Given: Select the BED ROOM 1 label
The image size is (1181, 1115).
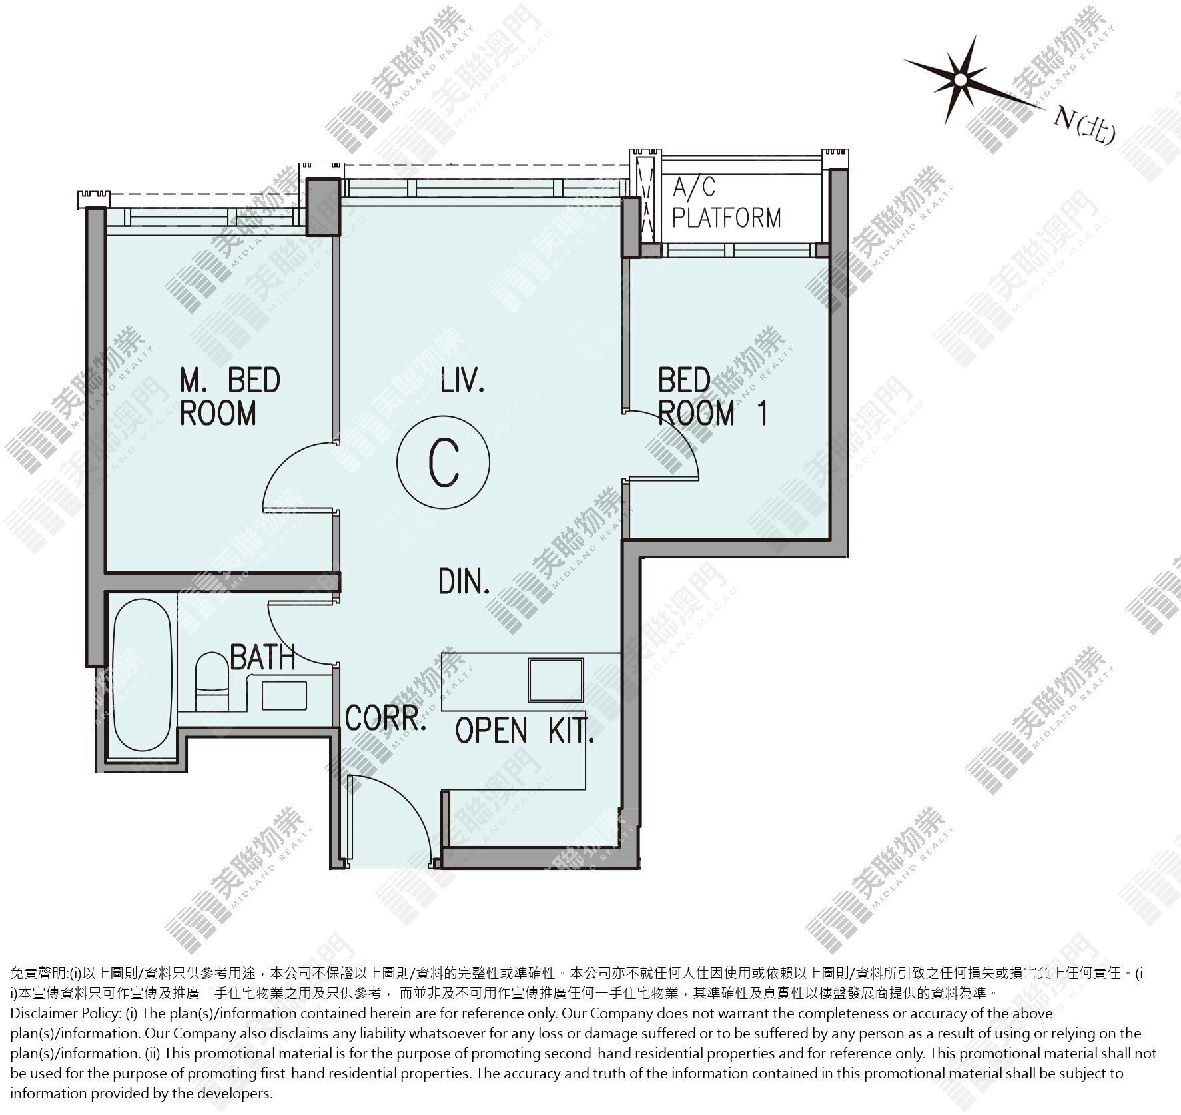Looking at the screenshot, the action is pyautogui.click(x=712, y=397).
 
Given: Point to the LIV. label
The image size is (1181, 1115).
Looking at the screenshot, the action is pyautogui.click(x=462, y=382).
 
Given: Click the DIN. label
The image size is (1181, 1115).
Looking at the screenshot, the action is pyautogui.click(x=464, y=581).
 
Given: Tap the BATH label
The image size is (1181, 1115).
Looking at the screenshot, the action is pyautogui.click(x=262, y=657).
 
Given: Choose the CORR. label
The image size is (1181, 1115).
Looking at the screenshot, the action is pyautogui.click(x=386, y=719).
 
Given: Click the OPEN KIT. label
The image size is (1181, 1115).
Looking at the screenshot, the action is pyautogui.click(x=524, y=731).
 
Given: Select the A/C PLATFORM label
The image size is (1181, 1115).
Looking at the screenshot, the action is pyautogui.click(x=726, y=202).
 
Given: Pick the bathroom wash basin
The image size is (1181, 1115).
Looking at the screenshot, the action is pyautogui.click(x=284, y=695).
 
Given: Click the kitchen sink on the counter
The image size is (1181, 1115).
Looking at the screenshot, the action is pyautogui.click(x=556, y=680).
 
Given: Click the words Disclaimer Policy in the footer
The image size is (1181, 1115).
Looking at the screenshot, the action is pyautogui.click(x=65, y=1014).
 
